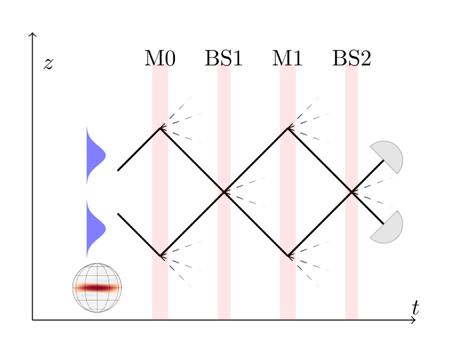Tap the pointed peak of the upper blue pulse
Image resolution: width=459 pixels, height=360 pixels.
(105, 156)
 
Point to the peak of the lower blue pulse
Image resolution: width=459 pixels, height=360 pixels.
(105, 228)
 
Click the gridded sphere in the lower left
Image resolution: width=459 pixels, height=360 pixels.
(97, 288)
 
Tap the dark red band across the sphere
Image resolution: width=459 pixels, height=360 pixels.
(97, 288)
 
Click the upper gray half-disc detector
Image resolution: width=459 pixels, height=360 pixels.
(388, 157)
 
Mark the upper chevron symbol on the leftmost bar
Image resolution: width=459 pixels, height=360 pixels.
(160, 131)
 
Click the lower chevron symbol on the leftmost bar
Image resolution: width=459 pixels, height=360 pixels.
(160, 253)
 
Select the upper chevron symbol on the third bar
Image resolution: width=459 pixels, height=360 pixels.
(288, 131)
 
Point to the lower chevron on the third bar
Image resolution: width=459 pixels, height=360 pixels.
(288, 253)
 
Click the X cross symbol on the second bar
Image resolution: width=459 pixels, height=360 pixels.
(224, 192)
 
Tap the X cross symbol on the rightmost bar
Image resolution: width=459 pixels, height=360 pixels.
(352, 192)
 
